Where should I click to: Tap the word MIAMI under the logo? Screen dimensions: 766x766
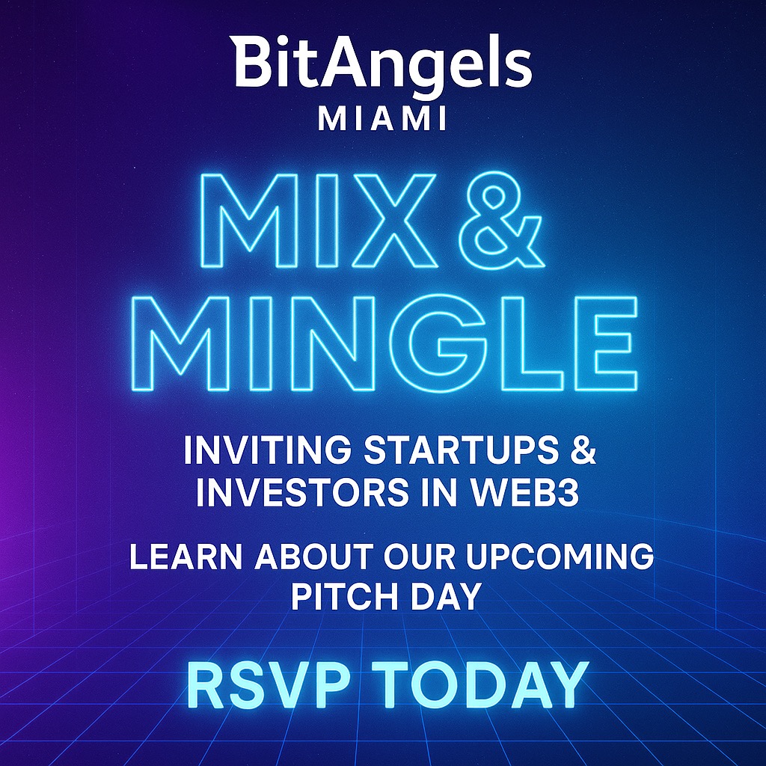[382, 119]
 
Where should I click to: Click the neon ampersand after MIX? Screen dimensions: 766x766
[506, 218]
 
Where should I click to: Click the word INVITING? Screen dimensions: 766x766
[268, 450]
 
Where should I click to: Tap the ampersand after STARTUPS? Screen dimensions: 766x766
[583, 450]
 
